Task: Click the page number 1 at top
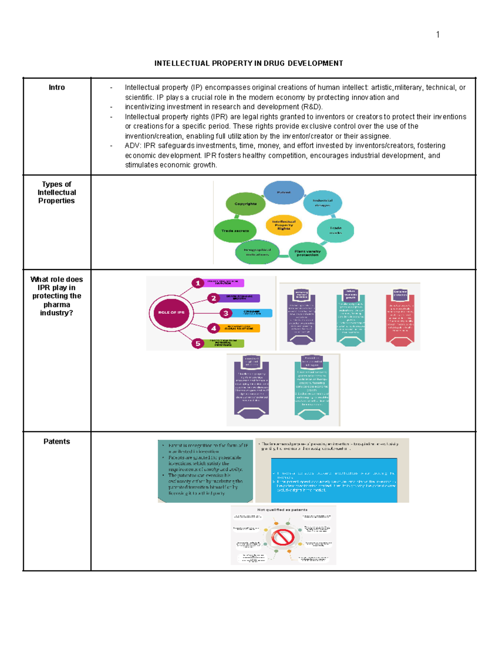[x=437, y=35]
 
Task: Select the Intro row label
[x=57, y=87]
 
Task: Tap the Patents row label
[x=57, y=441]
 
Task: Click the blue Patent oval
[x=284, y=193]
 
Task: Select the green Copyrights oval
[x=245, y=204]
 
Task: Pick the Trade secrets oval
[x=235, y=230]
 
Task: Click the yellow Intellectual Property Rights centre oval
[x=284, y=225]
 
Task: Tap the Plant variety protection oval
[x=307, y=253]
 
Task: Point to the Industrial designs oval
[x=323, y=203]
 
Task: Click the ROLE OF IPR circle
[x=171, y=312]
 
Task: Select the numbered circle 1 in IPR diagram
[x=198, y=283]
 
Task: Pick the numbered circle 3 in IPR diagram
[x=226, y=313]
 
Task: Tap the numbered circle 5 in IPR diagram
[x=198, y=344]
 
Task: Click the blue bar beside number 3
[x=251, y=313]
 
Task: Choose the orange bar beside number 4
[x=239, y=328]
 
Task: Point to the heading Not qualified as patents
[x=282, y=510]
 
